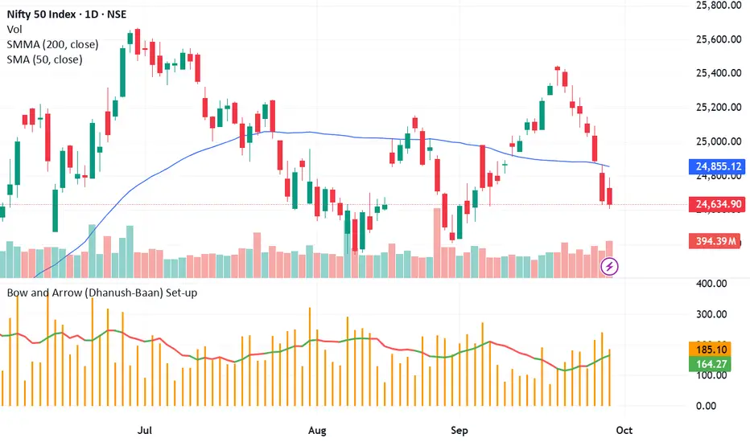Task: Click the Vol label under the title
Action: (x=14, y=28)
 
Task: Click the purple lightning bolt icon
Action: (x=610, y=264)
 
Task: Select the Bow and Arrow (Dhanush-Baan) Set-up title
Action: (x=101, y=293)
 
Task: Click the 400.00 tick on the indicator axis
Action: (x=713, y=284)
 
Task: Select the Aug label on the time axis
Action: (x=318, y=430)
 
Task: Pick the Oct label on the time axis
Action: (x=624, y=430)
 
